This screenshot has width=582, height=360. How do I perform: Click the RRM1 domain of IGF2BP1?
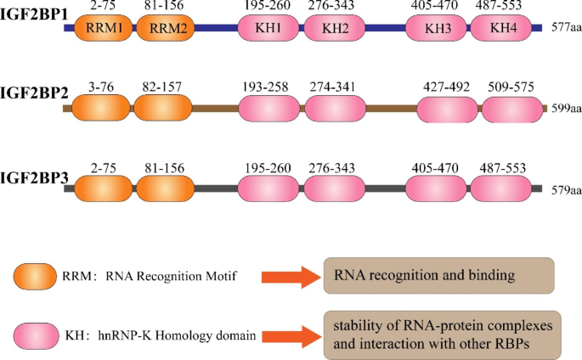104,28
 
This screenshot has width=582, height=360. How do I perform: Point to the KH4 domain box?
508,28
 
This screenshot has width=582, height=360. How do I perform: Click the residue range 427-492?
445,85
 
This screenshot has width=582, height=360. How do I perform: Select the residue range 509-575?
512,85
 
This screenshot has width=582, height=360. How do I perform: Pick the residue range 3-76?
102,85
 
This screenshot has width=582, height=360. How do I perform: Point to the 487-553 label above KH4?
510,6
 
